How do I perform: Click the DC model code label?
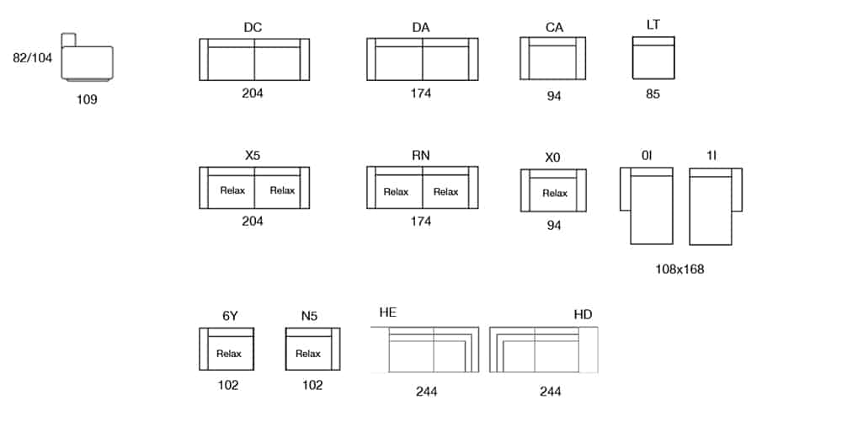click(253, 28)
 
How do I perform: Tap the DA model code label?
click(421, 28)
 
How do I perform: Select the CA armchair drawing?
click(554, 60)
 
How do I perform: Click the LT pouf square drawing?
click(653, 58)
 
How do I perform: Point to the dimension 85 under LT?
click(653, 93)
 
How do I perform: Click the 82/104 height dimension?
click(33, 58)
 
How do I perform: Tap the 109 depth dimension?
click(87, 99)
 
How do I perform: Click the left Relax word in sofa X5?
click(232, 190)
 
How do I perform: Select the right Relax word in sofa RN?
click(445, 192)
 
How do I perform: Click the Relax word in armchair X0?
click(555, 194)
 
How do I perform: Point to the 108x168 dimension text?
click(679, 270)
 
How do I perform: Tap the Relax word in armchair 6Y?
click(229, 354)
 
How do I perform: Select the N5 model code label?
click(309, 316)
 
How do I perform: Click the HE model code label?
click(388, 313)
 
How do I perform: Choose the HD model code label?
click(583, 314)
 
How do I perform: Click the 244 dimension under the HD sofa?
click(551, 391)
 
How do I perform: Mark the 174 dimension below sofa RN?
click(421, 221)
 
